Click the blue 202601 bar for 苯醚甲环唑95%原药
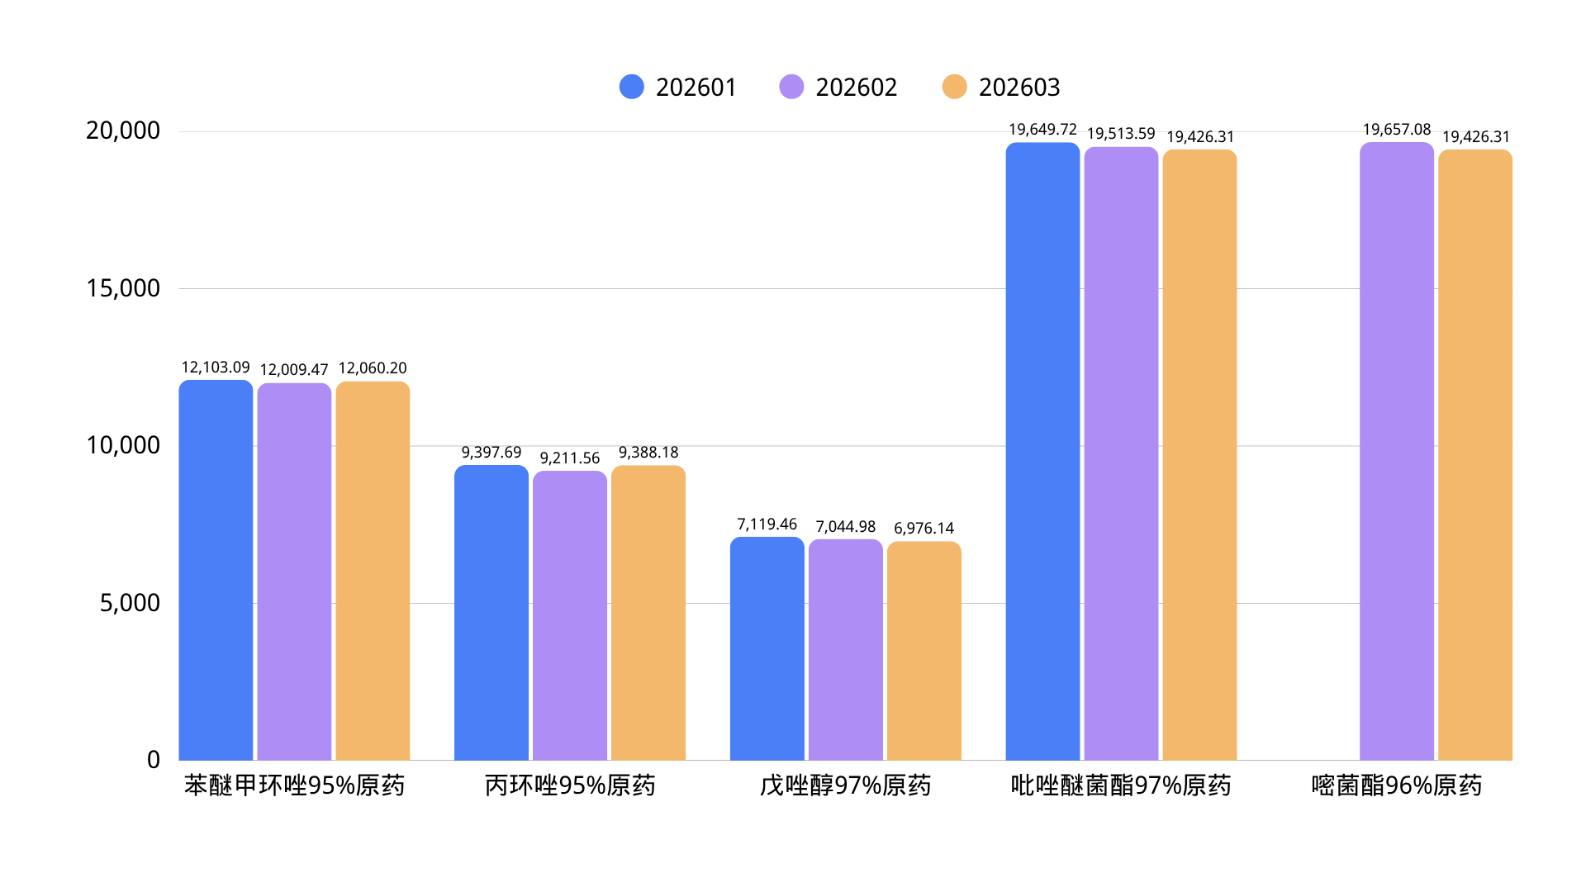(216, 570)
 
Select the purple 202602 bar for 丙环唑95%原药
(570, 615)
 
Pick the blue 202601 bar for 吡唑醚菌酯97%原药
(1042, 451)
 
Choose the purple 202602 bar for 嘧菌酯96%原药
(1396, 451)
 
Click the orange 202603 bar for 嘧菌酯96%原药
(1475, 455)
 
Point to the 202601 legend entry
(678, 87)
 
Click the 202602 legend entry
(838, 87)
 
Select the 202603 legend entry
(1001, 87)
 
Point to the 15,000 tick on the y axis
(123, 288)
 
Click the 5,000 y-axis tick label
(130, 603)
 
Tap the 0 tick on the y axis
(154, 760)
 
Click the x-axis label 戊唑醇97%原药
(845, 785)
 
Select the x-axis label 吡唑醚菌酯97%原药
(1121, 785)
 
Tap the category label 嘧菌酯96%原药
(1396, 785)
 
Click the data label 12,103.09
(216, 368)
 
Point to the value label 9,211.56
(570, 458)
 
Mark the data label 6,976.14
(924, 529)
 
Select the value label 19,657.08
(1396, 130)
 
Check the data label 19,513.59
(1121, 134)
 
